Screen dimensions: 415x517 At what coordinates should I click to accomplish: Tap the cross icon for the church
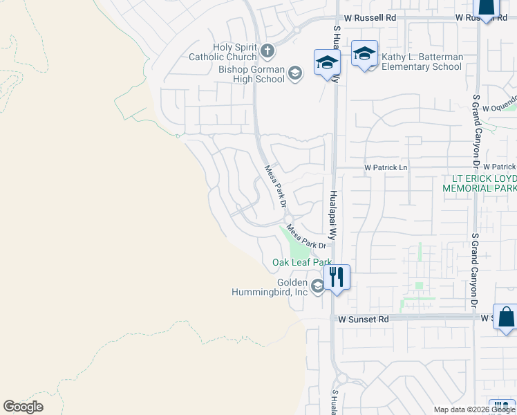click(267, 50)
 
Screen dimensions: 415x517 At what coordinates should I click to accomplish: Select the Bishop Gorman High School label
click(252, 74)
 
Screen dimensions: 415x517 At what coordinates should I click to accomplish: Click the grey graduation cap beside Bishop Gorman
click(295, 73)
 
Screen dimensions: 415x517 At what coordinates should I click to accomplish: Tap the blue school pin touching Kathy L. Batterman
click(364, 55)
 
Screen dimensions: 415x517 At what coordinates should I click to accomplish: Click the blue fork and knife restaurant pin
click(337, 277)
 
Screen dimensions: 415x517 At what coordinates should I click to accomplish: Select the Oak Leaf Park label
click(302, 262)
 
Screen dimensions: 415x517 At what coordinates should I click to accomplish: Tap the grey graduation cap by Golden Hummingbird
click(317, 286)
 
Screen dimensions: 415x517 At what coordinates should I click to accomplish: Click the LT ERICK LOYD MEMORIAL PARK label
click(479, 183)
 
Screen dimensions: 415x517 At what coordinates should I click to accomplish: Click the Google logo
click(23, 407)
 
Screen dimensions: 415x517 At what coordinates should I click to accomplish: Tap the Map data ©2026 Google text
click(473, 409)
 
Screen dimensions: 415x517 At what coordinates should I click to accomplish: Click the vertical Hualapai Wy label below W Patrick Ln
click(333, 214)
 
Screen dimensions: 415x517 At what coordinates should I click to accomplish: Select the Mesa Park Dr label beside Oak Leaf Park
click(306, 239)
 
